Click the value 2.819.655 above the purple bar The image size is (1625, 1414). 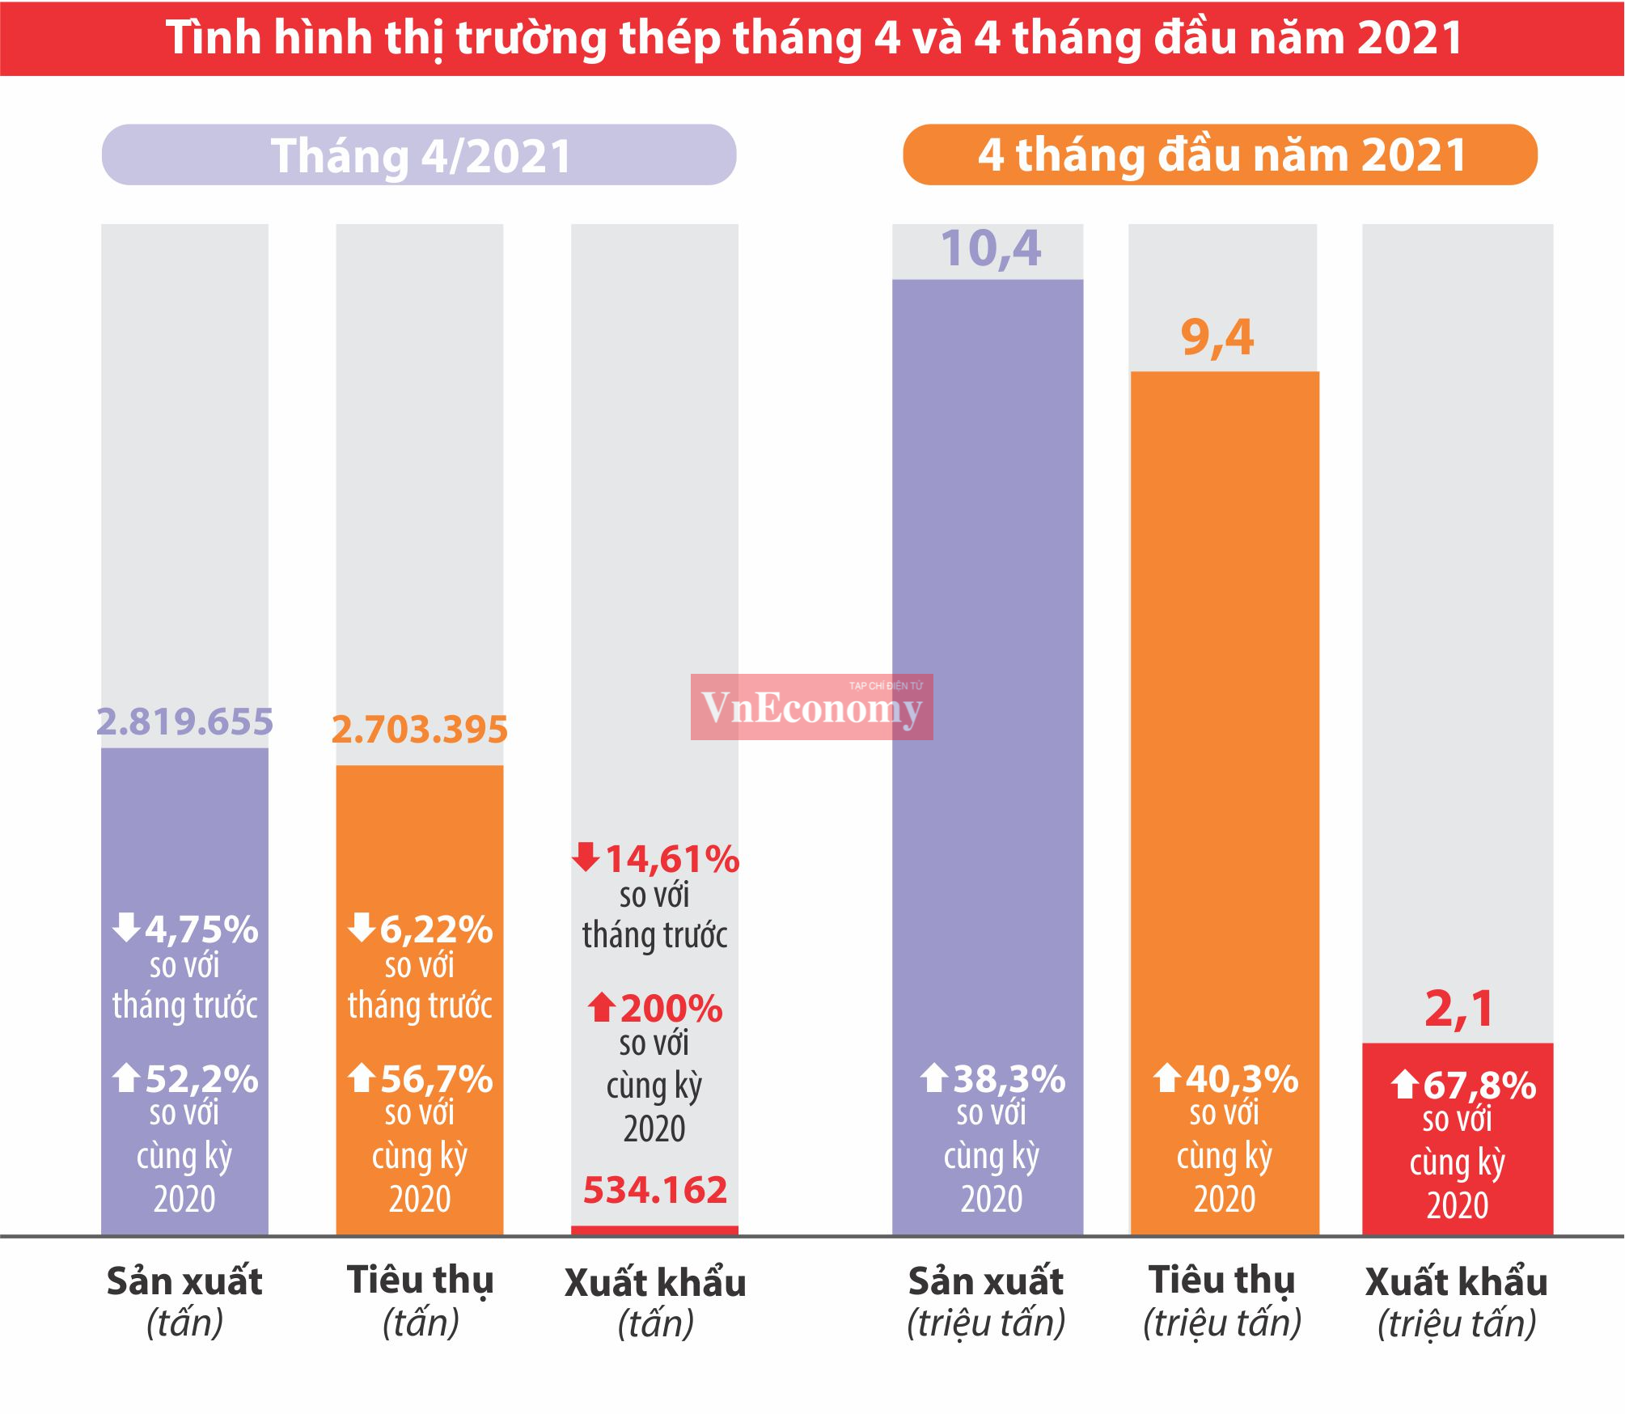click(184, 722)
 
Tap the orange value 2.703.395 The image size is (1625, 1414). click(420, 729)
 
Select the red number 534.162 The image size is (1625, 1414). click(655, 1189)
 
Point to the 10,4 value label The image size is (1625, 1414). click(990, 248)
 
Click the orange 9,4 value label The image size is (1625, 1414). click(1217, 337)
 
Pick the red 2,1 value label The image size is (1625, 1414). click(1459, 1009)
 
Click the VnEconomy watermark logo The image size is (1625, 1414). click(811, 707)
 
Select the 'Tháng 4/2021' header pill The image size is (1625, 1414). click(419, 155)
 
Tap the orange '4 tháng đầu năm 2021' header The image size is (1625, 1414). click(1220, 155)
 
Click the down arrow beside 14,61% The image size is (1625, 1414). click(586, 856)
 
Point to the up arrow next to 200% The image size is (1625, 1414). click(601, 1007)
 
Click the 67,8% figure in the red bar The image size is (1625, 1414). click(1479, 1085)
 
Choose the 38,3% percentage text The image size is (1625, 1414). click(1009, 1078)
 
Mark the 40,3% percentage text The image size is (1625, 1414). click(1242, 1078)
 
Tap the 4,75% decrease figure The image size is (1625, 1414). click(201, 929)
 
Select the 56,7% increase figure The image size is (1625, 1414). click(436, 1078)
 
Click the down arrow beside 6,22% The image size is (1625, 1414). click(362, 927)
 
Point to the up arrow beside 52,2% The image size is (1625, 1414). click(126, 1077)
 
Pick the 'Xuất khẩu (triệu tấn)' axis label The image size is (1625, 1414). click(1457, 1302)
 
